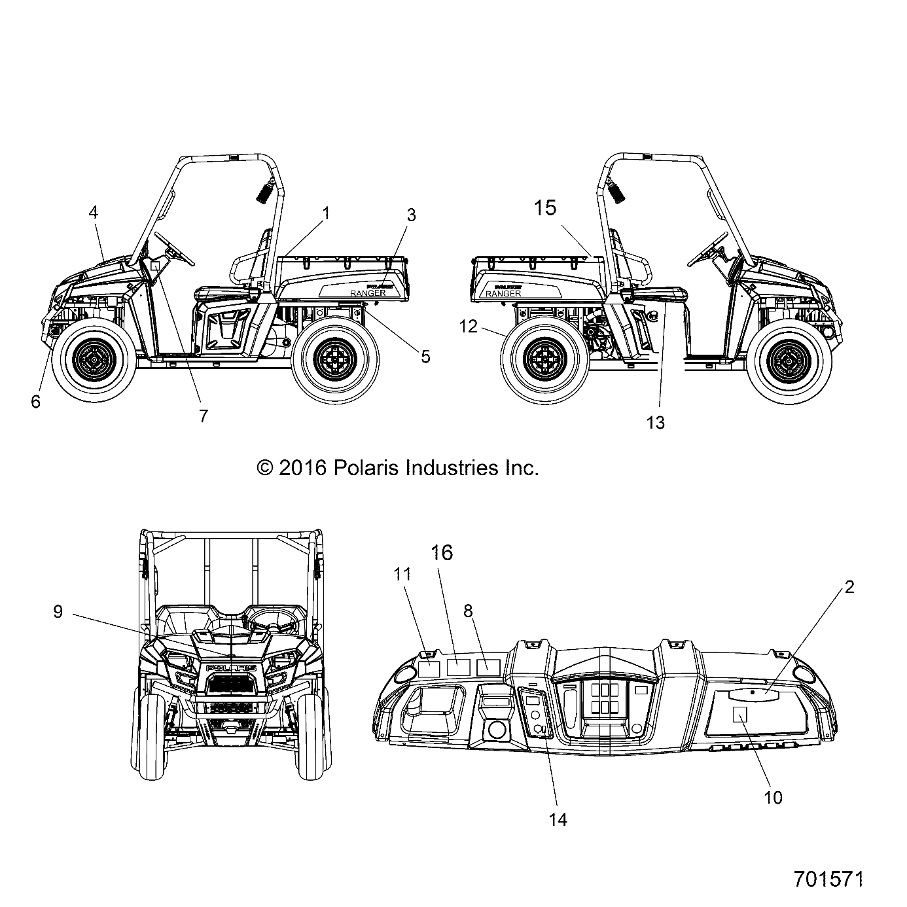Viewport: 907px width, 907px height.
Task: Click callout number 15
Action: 544,208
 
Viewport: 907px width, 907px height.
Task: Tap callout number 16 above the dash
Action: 442,553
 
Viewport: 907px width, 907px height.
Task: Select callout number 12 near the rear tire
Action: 469,326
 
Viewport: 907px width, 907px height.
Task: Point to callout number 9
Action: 58,612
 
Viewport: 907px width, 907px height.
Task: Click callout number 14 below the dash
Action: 558,819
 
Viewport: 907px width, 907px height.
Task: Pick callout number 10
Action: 773,797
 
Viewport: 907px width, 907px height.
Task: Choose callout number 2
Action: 849,587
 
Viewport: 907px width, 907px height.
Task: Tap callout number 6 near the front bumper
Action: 35,401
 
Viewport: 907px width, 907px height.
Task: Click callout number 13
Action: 655,423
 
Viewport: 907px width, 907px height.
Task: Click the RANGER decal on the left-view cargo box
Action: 368,294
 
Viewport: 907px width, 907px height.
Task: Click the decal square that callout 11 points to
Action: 429,667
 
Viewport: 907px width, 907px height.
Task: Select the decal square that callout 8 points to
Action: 488,667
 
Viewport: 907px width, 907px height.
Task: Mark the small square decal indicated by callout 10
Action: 740,713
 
